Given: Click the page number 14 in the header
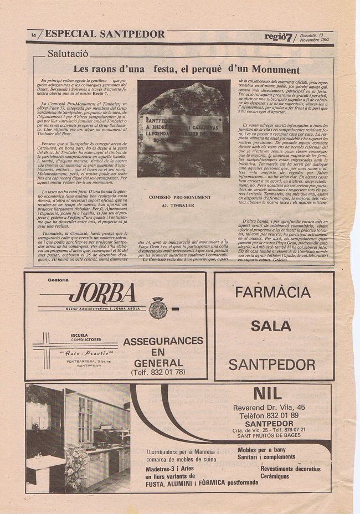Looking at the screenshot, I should click(33, 35).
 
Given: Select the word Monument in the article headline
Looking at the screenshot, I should click(276, 70).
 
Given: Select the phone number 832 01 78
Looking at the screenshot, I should click(158, 372).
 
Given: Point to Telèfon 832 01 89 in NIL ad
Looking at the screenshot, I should click(269, 415).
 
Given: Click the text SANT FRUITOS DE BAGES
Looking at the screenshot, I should click(269, 436).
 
